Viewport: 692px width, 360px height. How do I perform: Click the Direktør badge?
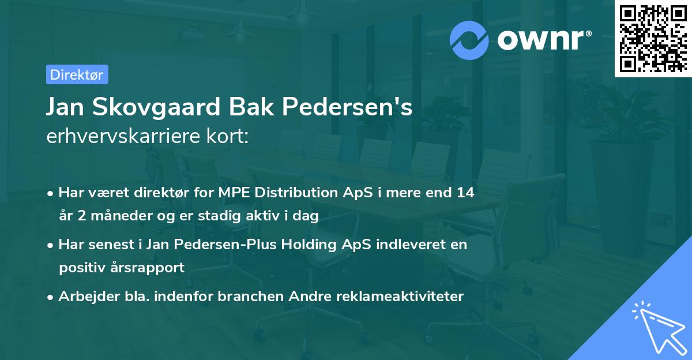coord(77,74)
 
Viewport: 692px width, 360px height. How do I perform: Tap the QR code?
coord(653,39)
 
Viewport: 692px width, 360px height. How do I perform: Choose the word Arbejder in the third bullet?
coord(84,297)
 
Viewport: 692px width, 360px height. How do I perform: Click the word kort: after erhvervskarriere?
coord(229,137)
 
